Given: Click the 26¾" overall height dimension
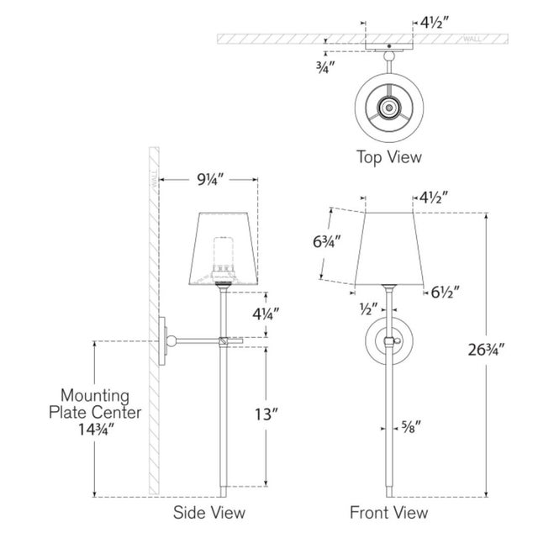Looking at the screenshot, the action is pos(486,350).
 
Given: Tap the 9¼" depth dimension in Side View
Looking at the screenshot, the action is pos(210,179).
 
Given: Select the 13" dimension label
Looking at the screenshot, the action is pos(266,414).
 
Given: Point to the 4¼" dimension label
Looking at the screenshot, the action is pos(266,314).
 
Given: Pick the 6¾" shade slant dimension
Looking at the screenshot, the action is pos(327,241).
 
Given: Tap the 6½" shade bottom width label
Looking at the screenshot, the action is pos(445,293).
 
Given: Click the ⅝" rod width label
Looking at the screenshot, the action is pos(411,428).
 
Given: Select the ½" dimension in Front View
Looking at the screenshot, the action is pos(368,309).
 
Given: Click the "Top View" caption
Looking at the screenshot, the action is pos(389,157).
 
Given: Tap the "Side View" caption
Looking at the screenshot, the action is pos(209,513).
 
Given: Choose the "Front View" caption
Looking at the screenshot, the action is pos(388,513).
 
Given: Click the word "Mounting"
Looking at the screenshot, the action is pos(95,396).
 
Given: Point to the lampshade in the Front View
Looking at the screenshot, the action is pos(388,249).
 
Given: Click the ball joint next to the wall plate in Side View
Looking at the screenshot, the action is pos(171,341).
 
